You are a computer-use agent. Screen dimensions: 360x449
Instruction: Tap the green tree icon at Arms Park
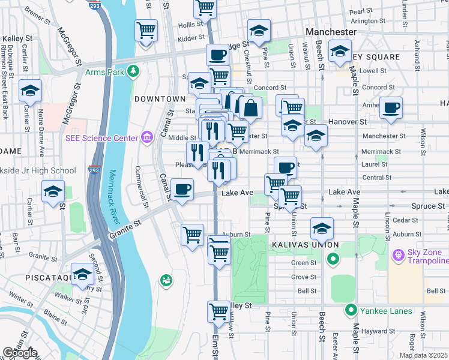click(x=133, y=72)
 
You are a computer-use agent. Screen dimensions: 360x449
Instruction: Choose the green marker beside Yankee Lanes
click(x=351, y=310)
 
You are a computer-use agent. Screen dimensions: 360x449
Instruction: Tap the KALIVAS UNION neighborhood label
click(x=304, y=245)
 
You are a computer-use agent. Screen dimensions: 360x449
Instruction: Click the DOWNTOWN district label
click(x=160, y=98)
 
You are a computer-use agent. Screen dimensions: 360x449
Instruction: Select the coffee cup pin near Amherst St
click(x=391, y=108)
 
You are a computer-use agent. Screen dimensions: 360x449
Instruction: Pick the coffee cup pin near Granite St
click(x=182, y=190)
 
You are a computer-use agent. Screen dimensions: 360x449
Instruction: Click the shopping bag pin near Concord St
click(x=250, y=108)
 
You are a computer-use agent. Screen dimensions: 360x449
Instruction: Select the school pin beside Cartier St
click(x=30, y=91)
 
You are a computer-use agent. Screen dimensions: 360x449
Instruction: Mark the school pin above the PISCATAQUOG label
click(x=82, y=274)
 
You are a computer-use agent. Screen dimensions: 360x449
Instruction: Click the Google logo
click(x=20, y=353)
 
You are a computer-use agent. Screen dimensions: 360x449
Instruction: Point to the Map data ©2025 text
click(x=423, y=355)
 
